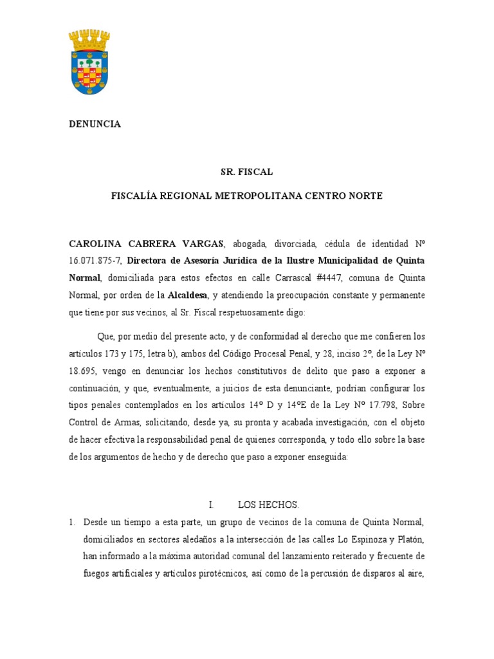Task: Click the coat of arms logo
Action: (x=89, y=62)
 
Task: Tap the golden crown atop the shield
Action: (x=89, y=41)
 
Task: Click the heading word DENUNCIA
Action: (x=95, y=124)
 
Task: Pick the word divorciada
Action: (x=295, y=244)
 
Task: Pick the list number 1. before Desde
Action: (x=73, y=521)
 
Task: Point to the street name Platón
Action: (x=408, y=538)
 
